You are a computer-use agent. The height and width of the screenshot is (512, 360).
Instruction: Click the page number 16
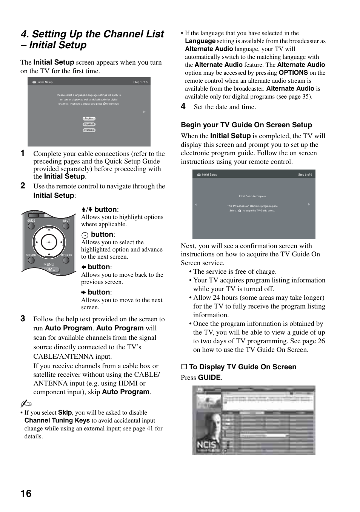pyautogui.click(x=26, y=493)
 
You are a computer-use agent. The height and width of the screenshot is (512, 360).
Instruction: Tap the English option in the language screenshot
pyautogui.click(x=89, y=119)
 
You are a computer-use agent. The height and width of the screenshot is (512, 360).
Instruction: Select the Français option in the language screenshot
pyautogui.click(x=89, y=130)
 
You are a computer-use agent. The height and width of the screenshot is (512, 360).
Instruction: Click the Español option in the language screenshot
pyautogui.click(x=89, y=124)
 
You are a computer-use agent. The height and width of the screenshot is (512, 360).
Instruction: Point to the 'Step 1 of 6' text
pyautogui.click(x=140, y=82)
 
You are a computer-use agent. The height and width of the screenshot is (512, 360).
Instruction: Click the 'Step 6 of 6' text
pyautogui.click(x=305, y=174)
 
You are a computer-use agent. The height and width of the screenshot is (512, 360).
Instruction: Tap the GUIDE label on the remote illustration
pyautogui.click(x=31, y=221)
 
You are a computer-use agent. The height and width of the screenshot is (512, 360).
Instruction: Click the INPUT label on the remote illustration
pyautogui.click(x=66, y=221)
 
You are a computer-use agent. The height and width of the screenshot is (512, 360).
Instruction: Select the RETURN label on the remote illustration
pyautogui.click(x=31, y=255)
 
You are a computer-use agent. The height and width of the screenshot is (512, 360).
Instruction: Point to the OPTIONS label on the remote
pyautogui.click(x=66, y=255)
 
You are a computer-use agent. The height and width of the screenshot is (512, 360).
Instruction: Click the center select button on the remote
pyautogui.click(x=49, y=242)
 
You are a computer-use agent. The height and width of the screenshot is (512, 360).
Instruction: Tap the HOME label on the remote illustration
pyautogui.click(x=49, y=269)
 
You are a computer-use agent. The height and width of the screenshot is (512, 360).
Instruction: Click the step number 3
pyautogui.click(x=23, y=319)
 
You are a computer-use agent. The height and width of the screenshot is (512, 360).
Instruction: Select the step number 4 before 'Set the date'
pyautogui.click(x=183, y=106)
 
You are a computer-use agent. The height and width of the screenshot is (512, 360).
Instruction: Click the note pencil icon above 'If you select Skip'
pyautogui.click(x=26, y=404)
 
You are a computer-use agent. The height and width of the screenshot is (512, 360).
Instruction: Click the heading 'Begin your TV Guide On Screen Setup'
pyautogui.click(x=246, y=125)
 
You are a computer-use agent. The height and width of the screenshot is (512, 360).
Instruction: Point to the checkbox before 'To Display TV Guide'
pyautogui.click(x=184, y=367)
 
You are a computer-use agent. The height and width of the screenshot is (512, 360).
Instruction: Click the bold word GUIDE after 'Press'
pyautogui.click(x=209, y=378)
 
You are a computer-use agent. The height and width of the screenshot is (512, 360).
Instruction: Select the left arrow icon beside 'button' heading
pyautogui.click(x=84, y=267)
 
